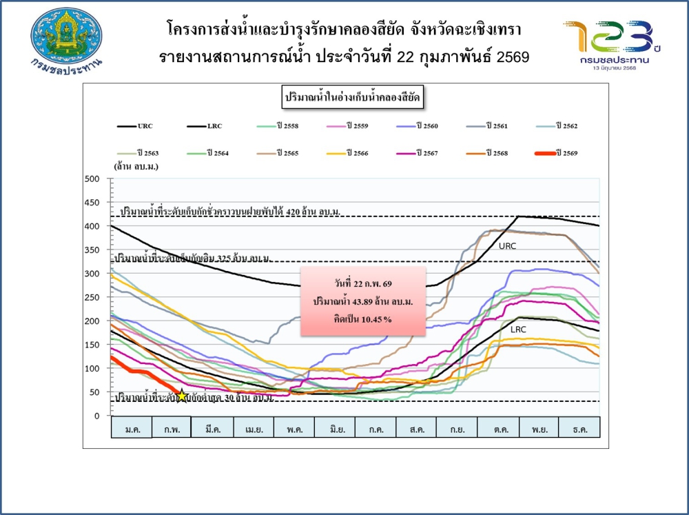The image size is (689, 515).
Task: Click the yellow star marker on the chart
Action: [x=182, y=396]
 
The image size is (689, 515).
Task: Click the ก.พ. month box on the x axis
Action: [x=172, y=428]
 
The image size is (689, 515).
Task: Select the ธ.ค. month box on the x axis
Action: [x=579, y=428]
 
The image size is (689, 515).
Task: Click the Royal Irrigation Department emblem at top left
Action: [x=67, y=38]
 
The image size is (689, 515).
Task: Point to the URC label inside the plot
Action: [x=508, y=245]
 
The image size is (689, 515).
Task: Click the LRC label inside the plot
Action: [x=518, y=330]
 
